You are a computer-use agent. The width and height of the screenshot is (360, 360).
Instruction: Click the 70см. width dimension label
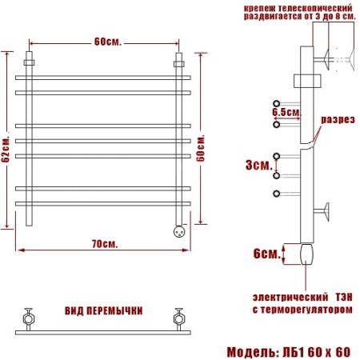click(x=102, y=242)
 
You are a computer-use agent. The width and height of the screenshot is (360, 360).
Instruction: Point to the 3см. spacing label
click(x=258, y=165)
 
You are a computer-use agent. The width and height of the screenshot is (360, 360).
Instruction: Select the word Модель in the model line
click(x=253, y=351)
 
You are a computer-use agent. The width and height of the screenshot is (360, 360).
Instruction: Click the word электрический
click(x=276, y=294)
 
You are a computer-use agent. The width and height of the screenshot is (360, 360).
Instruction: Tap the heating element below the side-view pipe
click(x=308, y=254)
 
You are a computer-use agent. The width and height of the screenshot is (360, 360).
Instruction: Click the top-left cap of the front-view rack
click(x=30, y=61)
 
